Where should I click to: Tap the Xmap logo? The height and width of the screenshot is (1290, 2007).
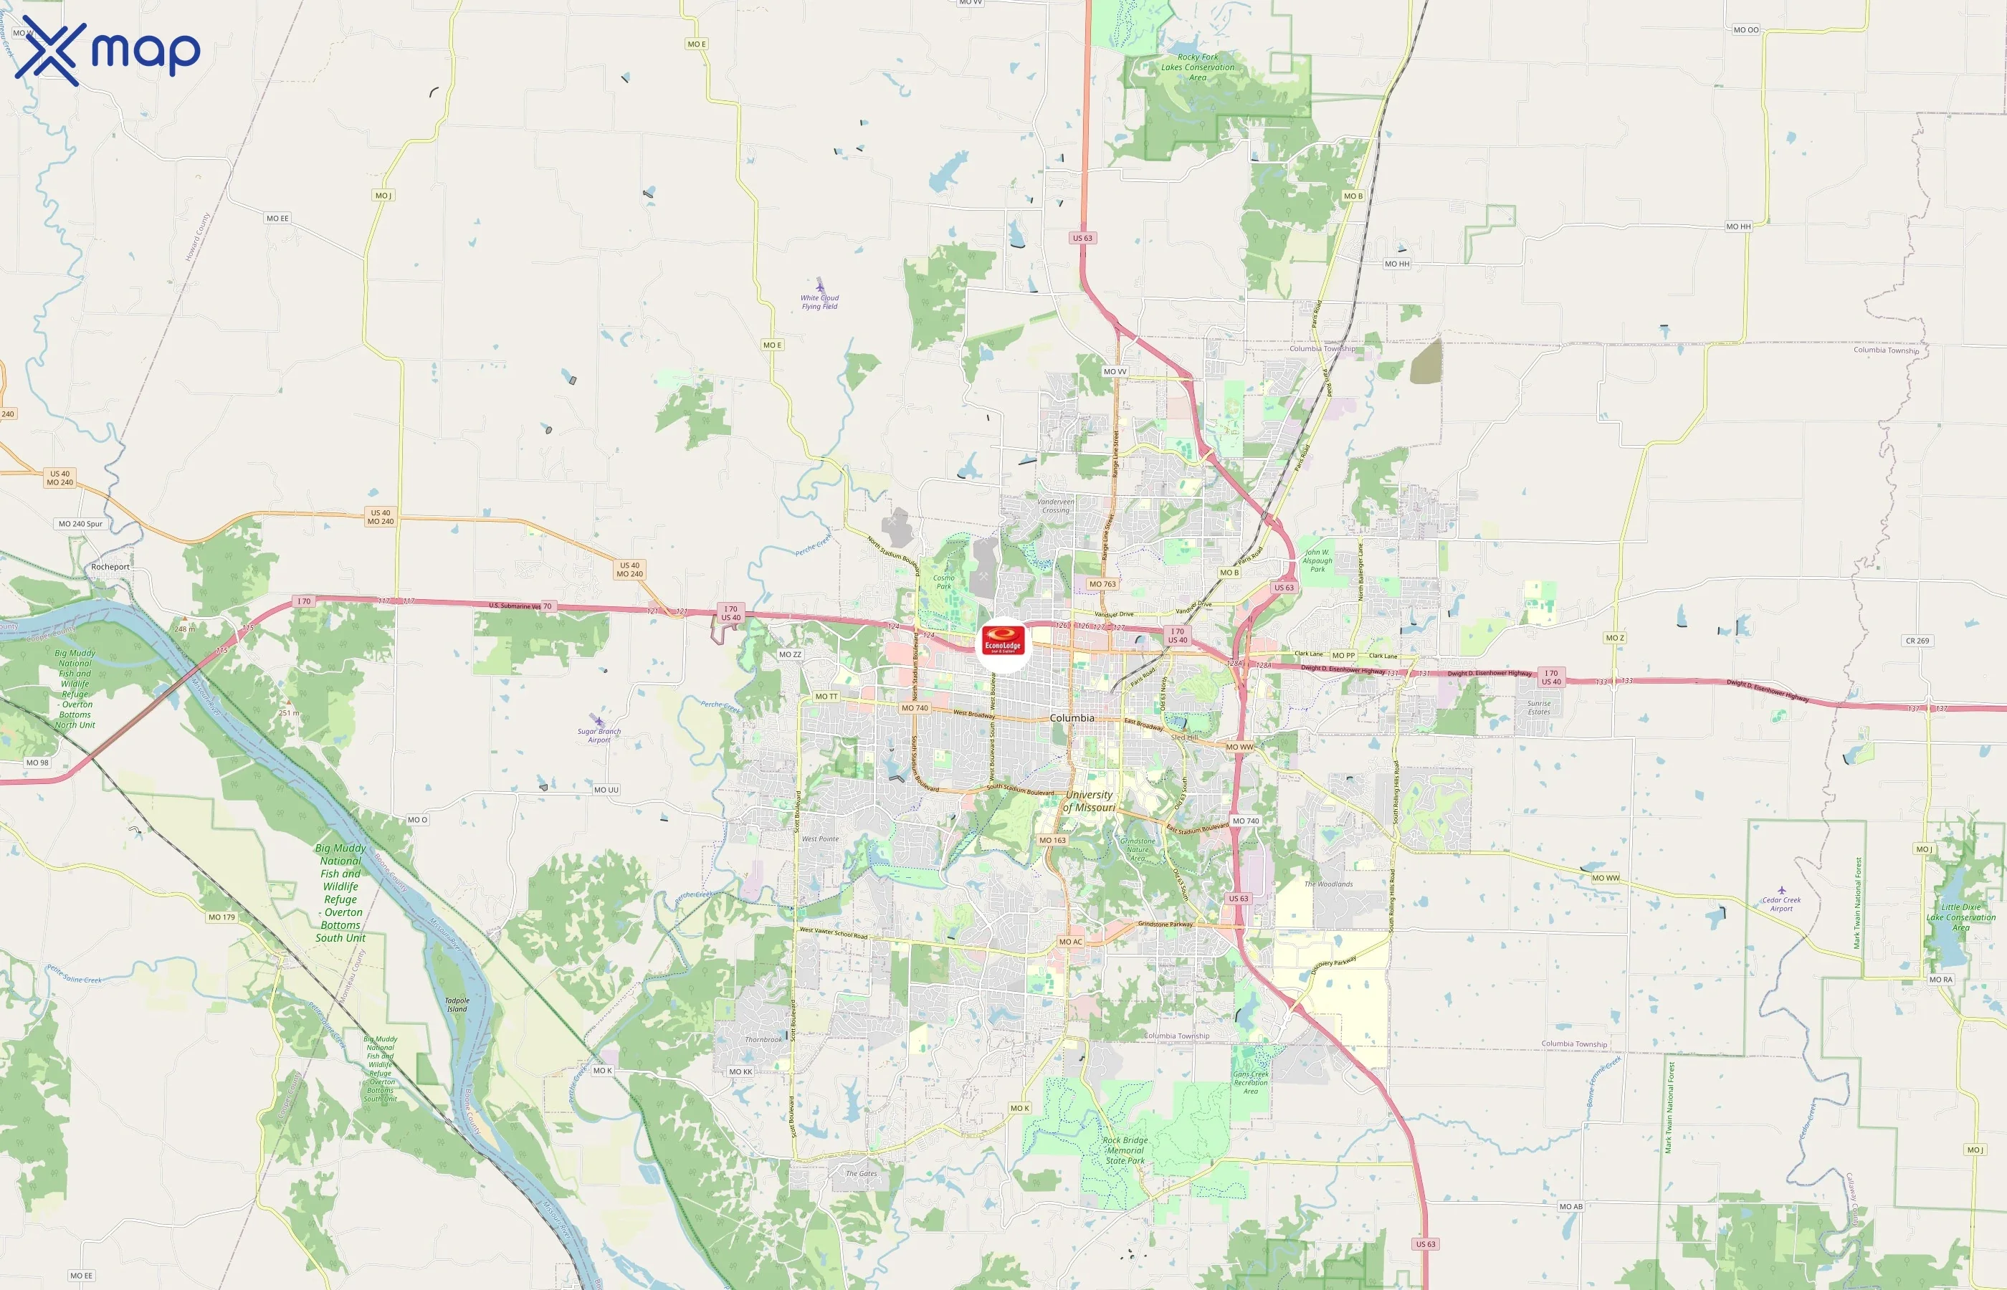click(x=108, y=50)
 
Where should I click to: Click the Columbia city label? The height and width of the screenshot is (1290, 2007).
click(x=1072, y=718)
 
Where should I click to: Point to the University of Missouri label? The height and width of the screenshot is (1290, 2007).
click(x=1089, y=801)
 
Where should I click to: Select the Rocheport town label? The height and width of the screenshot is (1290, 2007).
click(x=110, y=567)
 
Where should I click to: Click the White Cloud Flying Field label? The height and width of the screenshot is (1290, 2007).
click(x=819, y=302)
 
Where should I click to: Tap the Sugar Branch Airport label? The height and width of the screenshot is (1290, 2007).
click(x=599, y=735)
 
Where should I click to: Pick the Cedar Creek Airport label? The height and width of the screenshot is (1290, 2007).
click(x=1780, y=904)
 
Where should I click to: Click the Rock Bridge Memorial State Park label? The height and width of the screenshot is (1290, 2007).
click(x=1125, y=1150)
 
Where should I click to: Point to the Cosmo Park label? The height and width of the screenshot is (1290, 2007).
click(x=944, y=581)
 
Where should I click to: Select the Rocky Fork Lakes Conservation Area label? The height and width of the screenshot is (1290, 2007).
click(x=1198, y=67)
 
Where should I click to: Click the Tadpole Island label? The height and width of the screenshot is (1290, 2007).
click(x=457, y=1004)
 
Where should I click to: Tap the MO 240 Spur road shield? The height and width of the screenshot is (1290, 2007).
click(x=80, y=525)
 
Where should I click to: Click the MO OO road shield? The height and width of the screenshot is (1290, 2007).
click(x=1745, y=30)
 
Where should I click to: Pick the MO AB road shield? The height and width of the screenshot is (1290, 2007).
click(x=1570, y=1206)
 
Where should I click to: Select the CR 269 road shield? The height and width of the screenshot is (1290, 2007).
click(x=1917, y=641)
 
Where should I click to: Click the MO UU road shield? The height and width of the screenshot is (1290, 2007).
click(x=606, y=790)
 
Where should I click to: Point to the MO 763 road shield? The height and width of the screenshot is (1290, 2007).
click(x=1102, y=584)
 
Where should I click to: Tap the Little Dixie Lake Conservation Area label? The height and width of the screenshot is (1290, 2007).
click(x=1961, y=917)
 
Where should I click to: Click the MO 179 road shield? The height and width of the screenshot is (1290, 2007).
click(x=222, y=917)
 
